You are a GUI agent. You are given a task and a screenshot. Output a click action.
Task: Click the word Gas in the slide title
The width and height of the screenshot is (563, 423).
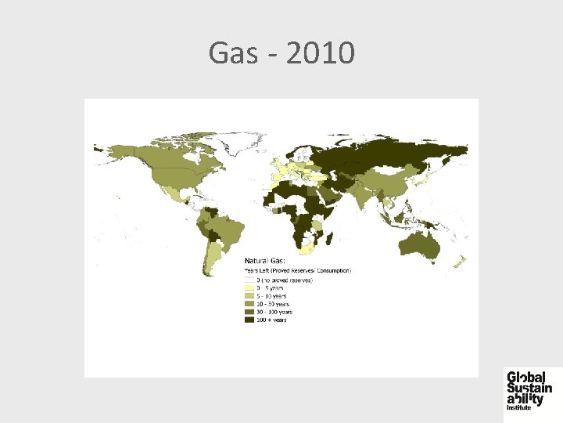(x=227, y=54)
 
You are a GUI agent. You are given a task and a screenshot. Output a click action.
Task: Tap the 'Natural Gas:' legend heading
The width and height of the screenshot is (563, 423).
(x=265, y=260)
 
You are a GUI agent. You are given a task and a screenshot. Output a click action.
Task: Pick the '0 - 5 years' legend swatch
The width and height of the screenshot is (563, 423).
(x=249, y=287)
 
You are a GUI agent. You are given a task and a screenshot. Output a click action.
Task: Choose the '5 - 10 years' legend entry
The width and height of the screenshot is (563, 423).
(x=270, y=295)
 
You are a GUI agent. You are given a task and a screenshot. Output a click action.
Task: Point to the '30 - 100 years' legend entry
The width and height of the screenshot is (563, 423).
(x=273, y=311)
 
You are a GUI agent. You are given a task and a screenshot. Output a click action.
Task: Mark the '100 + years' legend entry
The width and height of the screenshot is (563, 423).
(x=269, y=320)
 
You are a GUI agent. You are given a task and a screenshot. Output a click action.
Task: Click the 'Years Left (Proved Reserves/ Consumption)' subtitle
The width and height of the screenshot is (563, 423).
(x=298, y=270)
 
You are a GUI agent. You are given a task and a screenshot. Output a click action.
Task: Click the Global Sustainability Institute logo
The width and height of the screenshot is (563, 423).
(x=529, y=389)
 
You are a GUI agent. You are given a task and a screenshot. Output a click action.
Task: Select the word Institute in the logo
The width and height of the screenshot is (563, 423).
(x=519, y=407)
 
